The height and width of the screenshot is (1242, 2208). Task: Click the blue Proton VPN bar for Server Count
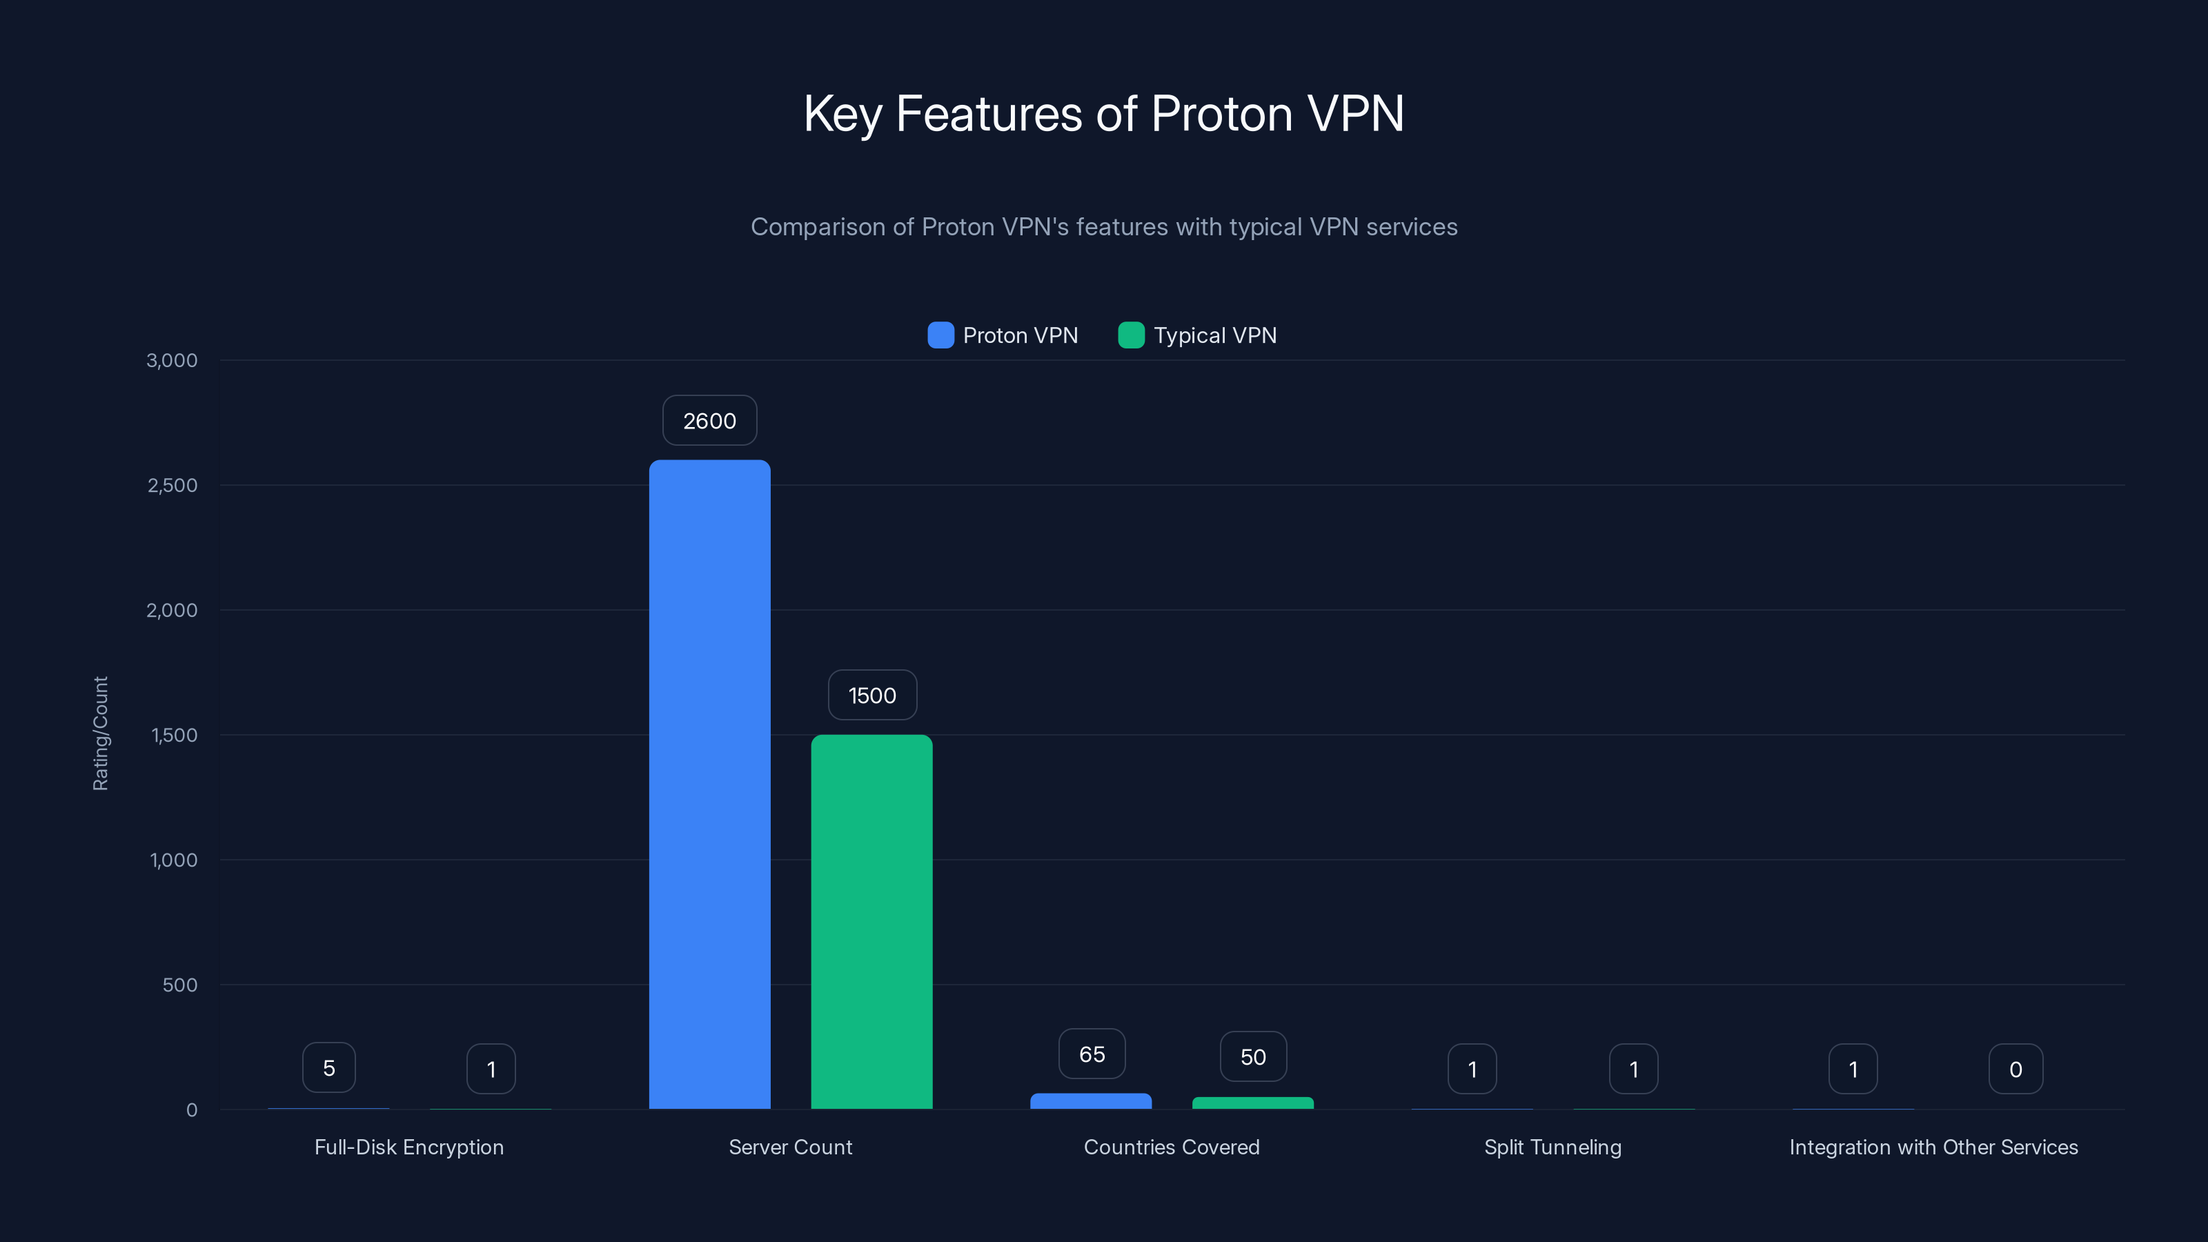pyautogui.click(x=710, y=785)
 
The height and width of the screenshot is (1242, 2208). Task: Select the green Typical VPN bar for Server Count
pyautogui.click(x=871, y=921)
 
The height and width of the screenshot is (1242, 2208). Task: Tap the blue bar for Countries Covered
pyautogui.click(x=1090, y=1101)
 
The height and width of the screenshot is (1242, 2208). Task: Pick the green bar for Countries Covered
pyautogui.click(x=1252, y=1103)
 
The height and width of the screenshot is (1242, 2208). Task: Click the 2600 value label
pyautogui.click(x=710, y=421)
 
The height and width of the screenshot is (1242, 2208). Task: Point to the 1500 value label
pyautogui.click(x=871, y=695)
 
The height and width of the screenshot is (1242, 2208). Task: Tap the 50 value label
pyautogui.click(x=1253, y=1057)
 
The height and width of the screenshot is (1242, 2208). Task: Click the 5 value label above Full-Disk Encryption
pyautogui.click(x=329, y=1068)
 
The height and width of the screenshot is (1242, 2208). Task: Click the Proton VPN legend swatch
pyautogui.click(x=940, y=335)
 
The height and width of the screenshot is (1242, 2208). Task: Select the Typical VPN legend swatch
pyautogui.click(x=1132, y=335)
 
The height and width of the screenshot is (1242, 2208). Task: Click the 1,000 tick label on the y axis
pyautogui.click(x=173, y=860)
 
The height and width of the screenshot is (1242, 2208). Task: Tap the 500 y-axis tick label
pyautogui.click(x=180, y=985)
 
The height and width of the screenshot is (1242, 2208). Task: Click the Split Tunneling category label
pyautogui.click(x=1552, y=1147)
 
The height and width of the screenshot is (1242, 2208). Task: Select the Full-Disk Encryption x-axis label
pyautogui.click(x=409, y=1147)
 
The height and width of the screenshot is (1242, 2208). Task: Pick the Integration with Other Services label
pyautogui.click(x=1933, y=1147)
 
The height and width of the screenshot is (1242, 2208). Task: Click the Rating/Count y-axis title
pyautogui.click(x=100, y=733)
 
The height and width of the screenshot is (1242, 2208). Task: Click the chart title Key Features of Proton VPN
pyautogui.click(x=1104, y=113)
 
